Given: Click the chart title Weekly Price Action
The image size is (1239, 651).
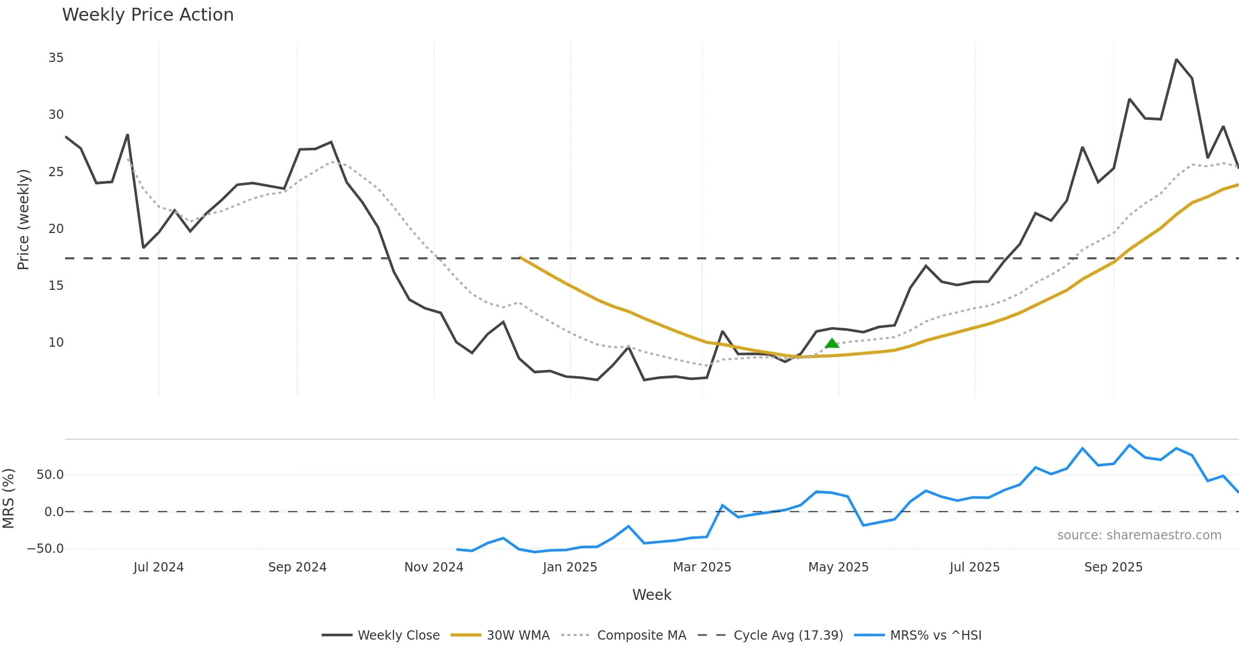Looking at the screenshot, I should [148, 15].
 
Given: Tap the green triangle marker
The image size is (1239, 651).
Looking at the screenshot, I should [832, 344].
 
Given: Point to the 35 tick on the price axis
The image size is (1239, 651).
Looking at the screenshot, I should [56, 58].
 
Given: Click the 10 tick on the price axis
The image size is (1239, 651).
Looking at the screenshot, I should [56, 343].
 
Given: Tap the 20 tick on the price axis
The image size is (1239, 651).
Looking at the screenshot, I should [56, 229].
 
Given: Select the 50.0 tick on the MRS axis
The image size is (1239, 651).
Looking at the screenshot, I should [50, 475].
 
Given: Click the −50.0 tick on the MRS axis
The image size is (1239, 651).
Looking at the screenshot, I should [45, 549].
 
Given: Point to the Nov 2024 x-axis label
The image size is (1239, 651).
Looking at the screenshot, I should [434, 567].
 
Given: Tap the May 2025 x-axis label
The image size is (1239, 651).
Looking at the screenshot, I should [838, 567].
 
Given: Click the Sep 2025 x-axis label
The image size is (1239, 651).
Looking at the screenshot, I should [1114, 567].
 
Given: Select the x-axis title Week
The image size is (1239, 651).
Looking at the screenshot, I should [652, 595].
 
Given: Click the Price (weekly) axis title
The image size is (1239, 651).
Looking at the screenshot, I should [23, 220].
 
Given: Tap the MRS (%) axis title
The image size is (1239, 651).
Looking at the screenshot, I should [9, 499].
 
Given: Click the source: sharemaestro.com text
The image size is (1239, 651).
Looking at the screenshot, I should [1139, 535].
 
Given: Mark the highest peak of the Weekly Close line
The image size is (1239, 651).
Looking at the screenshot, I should [1177, 60].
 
